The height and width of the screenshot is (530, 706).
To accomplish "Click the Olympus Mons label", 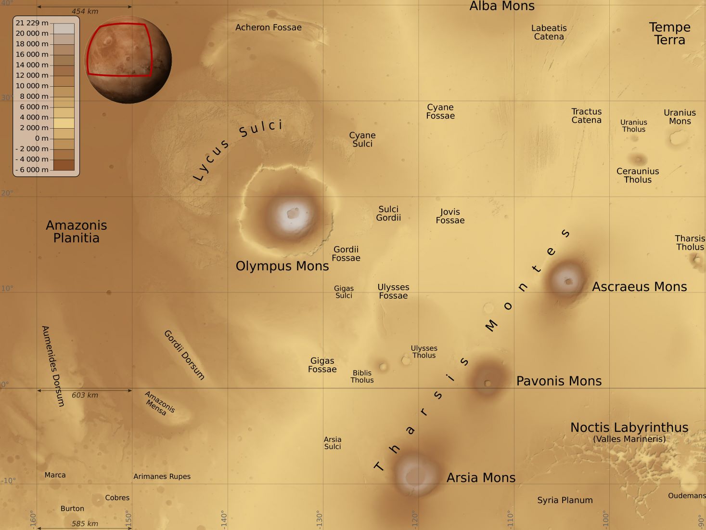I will [282, 266].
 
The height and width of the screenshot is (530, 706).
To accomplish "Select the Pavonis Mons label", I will [559, 381].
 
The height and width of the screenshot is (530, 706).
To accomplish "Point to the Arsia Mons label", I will [481, 477].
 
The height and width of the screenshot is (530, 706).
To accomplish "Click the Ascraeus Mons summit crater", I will [569, 281].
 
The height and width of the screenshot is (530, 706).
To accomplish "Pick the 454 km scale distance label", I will [85, 12].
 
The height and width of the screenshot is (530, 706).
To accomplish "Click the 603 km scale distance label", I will [85, 395].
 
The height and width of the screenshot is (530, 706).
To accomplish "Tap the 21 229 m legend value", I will [32, 23].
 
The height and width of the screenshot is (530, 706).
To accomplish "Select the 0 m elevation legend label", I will [41, 138].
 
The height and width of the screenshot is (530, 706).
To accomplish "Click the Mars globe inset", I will [128, 60].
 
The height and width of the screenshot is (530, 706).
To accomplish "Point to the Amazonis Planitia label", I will [77, 231].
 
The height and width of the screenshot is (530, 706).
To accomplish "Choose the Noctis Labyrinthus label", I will [629, 427].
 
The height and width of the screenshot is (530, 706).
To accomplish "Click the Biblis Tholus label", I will [362, 376].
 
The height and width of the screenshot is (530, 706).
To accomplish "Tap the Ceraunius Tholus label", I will [638, 175].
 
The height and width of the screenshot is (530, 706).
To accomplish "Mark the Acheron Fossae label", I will [269, 27].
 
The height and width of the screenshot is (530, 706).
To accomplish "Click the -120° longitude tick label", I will [415, 519].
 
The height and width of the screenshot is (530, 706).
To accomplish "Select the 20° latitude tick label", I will [7, 193].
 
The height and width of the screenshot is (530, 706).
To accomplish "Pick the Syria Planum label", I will [565, 500].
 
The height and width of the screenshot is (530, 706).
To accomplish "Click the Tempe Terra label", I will [669, 33].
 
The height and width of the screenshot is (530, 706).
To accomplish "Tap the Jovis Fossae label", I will [450, 216].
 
